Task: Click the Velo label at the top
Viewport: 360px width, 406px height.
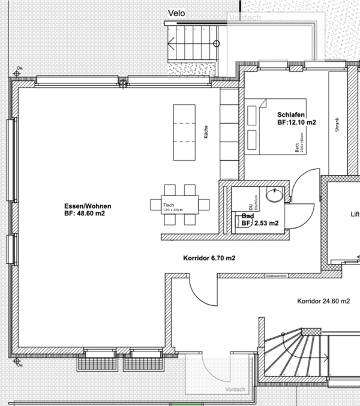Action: [x=176, y=12]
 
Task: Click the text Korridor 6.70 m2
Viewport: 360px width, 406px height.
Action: [x=209, y=258]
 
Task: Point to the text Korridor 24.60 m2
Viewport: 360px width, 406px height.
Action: [x=323, y=301]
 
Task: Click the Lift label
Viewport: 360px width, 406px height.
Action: [x=355, y=214]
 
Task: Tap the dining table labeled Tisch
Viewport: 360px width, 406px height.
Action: [x=181, y=206]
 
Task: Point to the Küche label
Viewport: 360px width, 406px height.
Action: [x=206, y=132]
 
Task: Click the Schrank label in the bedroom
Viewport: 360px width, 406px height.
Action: [x=337, y=125]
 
